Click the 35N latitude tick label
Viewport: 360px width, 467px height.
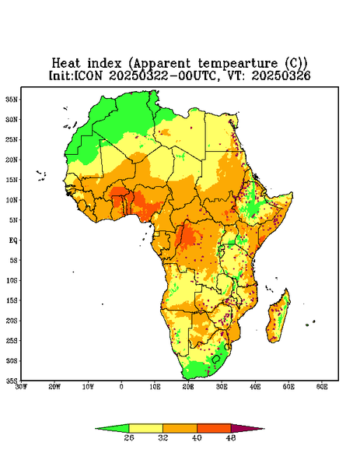12,99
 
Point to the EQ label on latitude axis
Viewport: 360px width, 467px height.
12,240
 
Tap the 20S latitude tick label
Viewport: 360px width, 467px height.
12,321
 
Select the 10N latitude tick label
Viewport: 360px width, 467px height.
12,200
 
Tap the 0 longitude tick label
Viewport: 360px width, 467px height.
121,387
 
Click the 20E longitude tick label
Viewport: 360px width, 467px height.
188,387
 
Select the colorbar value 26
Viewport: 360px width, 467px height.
129,437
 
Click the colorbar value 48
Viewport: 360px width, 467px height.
231,437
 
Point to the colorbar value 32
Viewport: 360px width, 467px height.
163,437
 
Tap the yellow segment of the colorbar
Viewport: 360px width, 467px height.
145,428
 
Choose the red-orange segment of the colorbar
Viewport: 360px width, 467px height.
214,428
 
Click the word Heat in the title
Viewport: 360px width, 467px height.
66,63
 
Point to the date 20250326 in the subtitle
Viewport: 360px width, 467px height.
281,75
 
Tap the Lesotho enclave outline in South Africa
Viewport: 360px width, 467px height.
216,359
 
